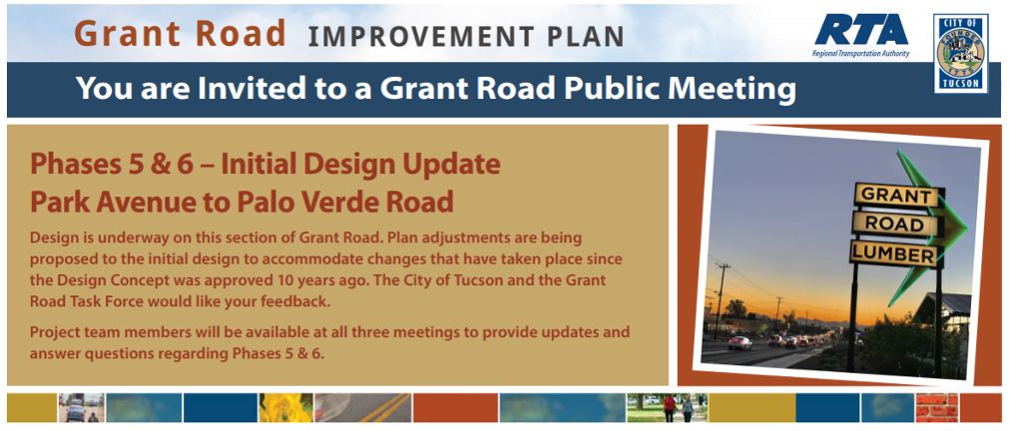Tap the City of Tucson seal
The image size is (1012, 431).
pyautogui.click(x=960, y=54)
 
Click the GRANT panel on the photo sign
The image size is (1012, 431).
pyautogui.click(x=896, y=195)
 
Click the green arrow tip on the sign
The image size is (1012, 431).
pyautogui.click(x=967, y=225)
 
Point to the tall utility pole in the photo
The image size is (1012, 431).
pyautogui.click(x=721, y=300)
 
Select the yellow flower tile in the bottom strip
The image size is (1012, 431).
pyautogui.click(x=285, y=408)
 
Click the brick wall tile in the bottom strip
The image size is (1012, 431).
pyautogui.click(x=936, y=408)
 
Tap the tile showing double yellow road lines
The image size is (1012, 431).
pyautogui.click(x=362, y=408)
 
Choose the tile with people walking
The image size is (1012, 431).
pyautogui.click(x=668, y=408)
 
